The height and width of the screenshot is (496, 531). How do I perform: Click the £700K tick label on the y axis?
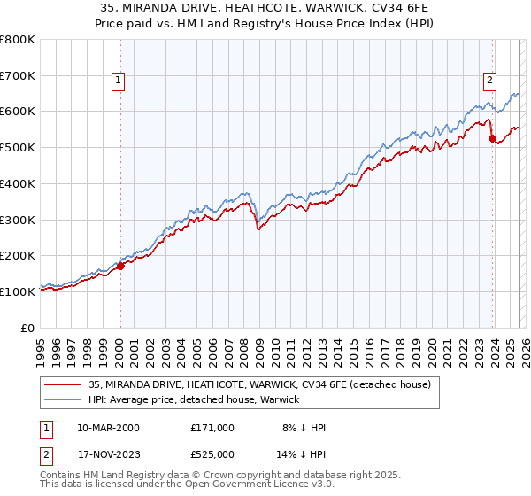tap(18, 76)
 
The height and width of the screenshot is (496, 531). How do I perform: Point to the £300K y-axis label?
tap(18, 220)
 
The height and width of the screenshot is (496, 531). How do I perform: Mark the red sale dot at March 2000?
tap(120, 266)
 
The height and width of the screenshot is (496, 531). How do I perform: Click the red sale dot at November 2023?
tap(491, 138)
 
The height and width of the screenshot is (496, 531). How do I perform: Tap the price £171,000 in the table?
tap(212, 428)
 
